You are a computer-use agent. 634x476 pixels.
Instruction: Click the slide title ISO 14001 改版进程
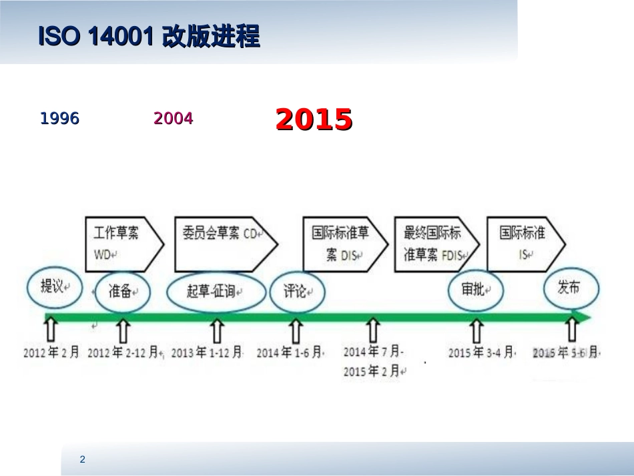pos(149,37)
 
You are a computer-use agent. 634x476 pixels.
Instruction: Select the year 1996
pos(60,119)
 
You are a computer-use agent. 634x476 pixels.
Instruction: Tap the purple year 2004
pos(174,119)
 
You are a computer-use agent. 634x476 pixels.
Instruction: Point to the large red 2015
pos(314,120)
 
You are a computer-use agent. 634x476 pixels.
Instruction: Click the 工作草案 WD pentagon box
pos(123,243)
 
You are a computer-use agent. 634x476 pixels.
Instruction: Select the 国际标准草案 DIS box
pos(342,243)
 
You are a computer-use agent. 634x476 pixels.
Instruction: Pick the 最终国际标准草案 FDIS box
pos(434,243)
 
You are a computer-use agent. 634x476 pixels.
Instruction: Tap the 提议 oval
pos(55,287)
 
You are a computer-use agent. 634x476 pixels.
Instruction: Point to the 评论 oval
pos(296,292)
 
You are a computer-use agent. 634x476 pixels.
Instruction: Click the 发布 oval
pos(570,288)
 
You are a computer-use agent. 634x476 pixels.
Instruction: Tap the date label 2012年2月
pos(51,352)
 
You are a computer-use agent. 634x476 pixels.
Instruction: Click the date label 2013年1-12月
pos(207,352)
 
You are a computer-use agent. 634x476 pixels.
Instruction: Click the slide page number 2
pos(82,459)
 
